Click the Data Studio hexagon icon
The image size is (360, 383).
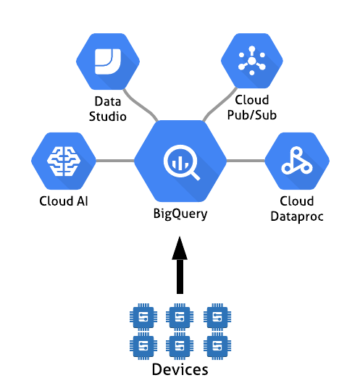coord(108,62)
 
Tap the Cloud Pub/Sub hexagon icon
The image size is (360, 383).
coord(252,61)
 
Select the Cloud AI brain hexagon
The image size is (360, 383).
coord(64,161)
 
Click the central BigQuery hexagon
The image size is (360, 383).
coord(180,161)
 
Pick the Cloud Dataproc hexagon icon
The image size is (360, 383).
coord(297,161)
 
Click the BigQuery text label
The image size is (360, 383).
coord(180,214)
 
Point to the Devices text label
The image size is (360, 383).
coord(180,369)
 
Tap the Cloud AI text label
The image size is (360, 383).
coord(64,201)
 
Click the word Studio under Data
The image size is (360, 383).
coord(107,117)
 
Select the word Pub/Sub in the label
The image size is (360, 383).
coord(252,115)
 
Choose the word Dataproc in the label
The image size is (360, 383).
coord(297,217)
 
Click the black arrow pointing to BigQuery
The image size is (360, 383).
coord(180,265)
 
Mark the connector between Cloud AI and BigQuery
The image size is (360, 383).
coord(115,161)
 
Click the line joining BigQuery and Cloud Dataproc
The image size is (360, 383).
coord(246,161)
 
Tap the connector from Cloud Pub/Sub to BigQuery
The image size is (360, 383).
coord(219,103)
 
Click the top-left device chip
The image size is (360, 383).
coord(143,317)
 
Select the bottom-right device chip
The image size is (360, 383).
coord(217,346)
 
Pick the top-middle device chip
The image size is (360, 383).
coord(180,317)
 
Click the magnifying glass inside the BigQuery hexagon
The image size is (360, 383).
coord(181,162)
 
